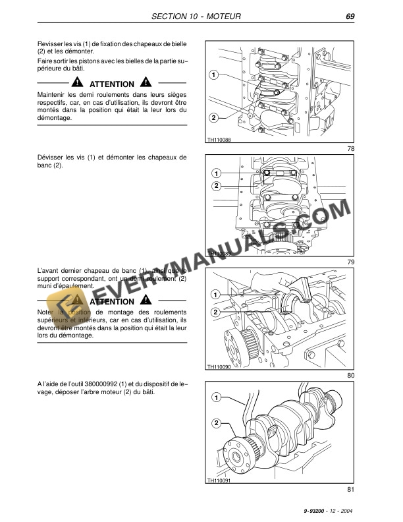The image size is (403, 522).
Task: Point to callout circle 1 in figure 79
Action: point(216,173)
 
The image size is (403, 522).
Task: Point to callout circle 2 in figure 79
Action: point(216,187)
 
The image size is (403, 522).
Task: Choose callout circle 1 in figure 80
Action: point(216,293)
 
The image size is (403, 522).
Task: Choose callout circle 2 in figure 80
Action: point(216,312)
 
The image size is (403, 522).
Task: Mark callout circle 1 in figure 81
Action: point(216,398)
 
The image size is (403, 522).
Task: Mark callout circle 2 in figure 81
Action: point(216,422)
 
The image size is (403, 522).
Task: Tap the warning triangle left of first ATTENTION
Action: point(78,84)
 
